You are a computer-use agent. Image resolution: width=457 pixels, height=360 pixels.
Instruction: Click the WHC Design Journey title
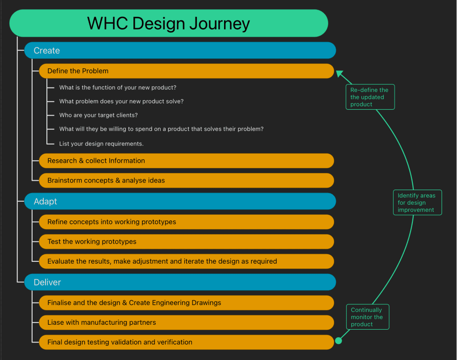point(169,23)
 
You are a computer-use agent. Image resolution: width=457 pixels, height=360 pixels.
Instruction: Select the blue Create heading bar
point(180,50)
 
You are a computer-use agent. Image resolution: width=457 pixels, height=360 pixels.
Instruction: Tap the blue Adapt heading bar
point(180,201)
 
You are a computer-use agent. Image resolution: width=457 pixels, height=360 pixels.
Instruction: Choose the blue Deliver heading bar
point(180,282)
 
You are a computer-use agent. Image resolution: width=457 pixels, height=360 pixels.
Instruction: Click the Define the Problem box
point(186,71)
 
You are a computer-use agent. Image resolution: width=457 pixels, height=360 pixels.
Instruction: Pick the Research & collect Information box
point(186,161)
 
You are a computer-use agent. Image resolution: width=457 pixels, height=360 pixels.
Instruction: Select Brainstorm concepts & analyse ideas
point(186,180)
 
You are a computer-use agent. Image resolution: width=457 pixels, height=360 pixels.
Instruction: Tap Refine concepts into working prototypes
point(186,222)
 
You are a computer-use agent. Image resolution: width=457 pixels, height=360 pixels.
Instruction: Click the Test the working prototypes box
point(186,241)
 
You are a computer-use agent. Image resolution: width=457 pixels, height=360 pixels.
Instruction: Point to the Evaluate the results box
point(186,261)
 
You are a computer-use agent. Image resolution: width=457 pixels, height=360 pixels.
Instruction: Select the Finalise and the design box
point(186,302)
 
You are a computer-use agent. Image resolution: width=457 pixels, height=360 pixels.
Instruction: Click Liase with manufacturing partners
point(186,322)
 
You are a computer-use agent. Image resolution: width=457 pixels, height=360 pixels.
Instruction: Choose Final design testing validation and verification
point(186,342)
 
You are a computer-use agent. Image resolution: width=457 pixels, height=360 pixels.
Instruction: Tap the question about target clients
point(99,115)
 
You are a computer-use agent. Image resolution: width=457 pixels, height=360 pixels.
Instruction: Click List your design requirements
point(101,144)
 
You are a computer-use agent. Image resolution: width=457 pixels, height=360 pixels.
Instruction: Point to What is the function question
point(118,87)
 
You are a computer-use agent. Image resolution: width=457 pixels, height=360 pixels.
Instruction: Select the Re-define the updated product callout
point(370,97)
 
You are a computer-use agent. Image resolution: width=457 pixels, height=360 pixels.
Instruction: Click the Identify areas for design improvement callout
point(417,203)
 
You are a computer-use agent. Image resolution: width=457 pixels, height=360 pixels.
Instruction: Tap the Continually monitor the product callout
point(368,317)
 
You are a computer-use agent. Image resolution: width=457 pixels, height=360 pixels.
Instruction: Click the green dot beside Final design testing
point(338,341)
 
